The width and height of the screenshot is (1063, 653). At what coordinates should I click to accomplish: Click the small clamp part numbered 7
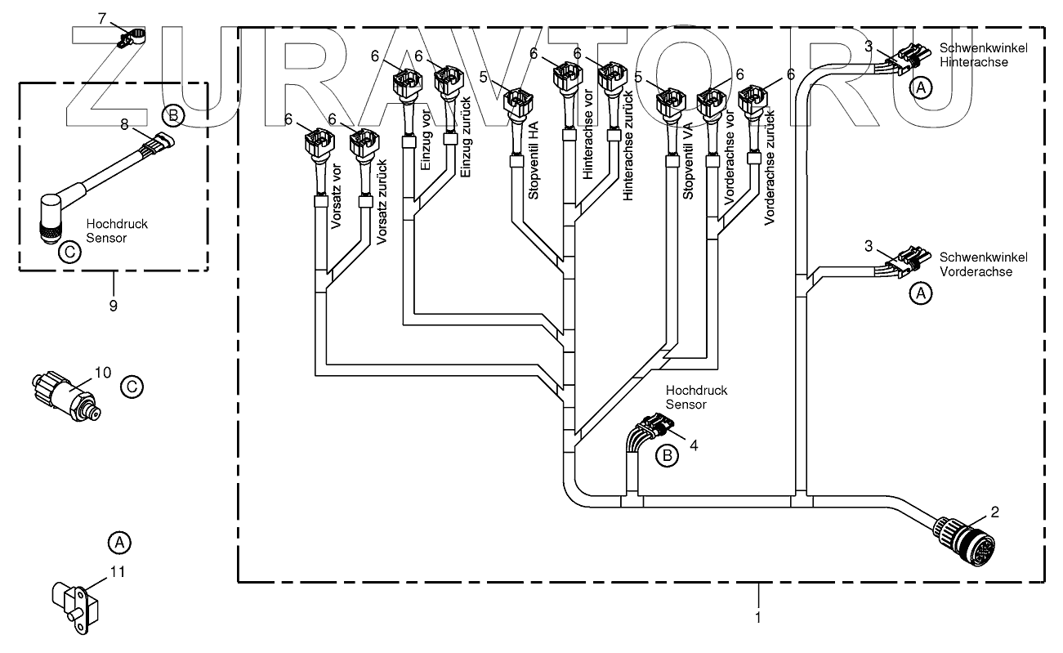(x=131, y=38)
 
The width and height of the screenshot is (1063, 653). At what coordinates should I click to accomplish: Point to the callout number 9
(x=113, y=306)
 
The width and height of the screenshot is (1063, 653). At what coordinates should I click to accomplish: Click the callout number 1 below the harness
(x=758, y=617)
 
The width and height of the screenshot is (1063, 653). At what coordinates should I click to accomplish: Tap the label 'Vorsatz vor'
(x=336, y=196)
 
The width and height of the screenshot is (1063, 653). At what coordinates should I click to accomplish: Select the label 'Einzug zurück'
(x=466, y=137)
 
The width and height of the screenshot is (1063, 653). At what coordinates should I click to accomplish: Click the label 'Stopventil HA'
(x=534, y=160)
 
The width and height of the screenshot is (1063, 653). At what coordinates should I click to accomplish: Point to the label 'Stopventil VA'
(x=688, y=160)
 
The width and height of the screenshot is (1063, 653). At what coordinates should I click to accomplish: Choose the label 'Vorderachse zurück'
(x=769, y=168)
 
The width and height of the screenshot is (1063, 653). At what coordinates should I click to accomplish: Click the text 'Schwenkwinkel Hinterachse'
(x=983, y=55)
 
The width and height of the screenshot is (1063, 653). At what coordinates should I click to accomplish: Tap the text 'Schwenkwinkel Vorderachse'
(x=983, y=264)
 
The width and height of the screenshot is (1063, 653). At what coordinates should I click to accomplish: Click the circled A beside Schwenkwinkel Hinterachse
(x=921, y=87)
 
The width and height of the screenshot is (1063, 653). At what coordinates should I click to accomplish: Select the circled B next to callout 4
(x=667, y=455)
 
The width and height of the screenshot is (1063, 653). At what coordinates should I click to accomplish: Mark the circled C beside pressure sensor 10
(x=132, y=387)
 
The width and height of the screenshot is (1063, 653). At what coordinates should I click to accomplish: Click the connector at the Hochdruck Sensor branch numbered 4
(x=656, y=424)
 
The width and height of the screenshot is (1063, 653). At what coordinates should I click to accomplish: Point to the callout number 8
(x=124, y=124)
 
